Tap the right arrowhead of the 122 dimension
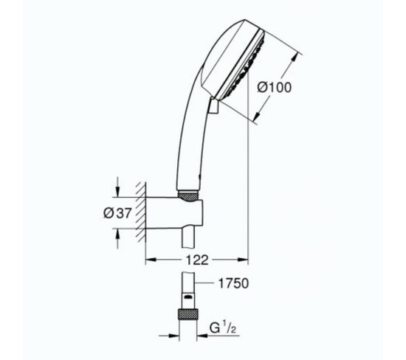point(244,260)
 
